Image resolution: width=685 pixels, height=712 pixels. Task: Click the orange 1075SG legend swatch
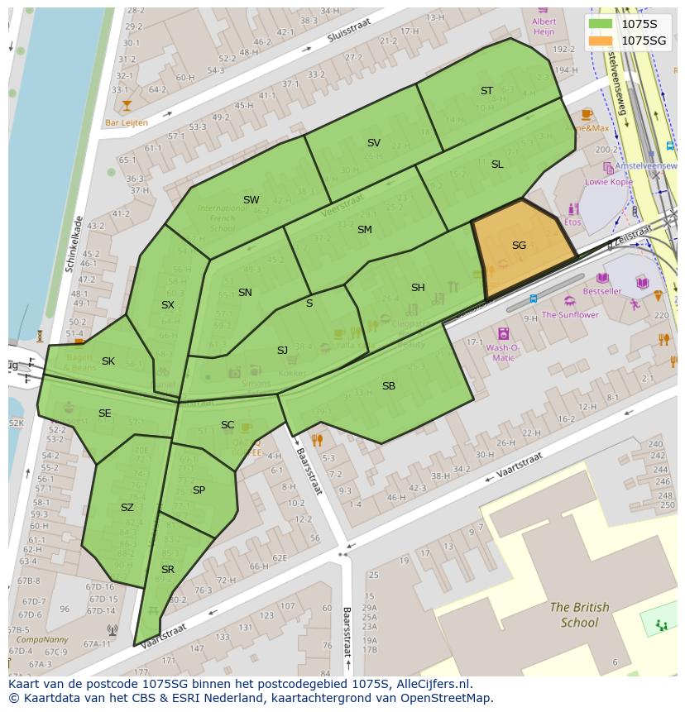click(601, 41)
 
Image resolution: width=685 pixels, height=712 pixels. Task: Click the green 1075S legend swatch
click(601, 24)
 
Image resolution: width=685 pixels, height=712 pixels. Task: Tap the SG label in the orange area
click(519, 246)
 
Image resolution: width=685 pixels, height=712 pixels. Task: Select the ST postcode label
click(486, 91)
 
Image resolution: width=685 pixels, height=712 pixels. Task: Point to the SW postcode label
click(251, 200)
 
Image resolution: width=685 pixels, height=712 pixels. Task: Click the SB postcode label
click(388, 386)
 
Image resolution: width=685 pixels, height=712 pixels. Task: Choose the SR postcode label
click(168, 570)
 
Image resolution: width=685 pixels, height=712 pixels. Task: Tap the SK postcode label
click(108, 361)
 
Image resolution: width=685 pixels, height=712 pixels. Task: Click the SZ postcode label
click(127, 508)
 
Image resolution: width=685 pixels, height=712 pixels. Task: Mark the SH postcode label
click(418, 288)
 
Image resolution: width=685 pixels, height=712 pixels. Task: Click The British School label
click(579, 614)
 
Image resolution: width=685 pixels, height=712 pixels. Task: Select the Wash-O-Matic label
click(502, 353)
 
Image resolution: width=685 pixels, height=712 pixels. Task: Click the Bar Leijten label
click(127, 122)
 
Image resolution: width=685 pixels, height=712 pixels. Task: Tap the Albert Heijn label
click(544, 26)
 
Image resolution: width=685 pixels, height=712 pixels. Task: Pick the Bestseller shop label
click(601, 291)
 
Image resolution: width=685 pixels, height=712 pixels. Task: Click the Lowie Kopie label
click(608, 182)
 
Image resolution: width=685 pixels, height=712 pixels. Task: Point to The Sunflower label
click(570, 315)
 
